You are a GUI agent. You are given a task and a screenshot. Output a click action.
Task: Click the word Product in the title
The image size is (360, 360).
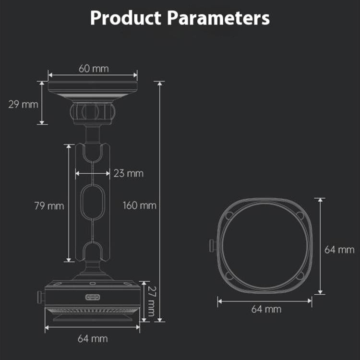tap(125, 18)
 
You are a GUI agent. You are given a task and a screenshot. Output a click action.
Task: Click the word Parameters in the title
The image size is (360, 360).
tap(218, 18)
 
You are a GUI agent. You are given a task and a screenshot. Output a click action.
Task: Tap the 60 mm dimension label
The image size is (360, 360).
tap(93, 68)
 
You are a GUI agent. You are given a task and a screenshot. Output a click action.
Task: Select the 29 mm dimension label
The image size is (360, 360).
tap(20, 104)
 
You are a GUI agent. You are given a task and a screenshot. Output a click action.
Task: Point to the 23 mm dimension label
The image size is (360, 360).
tap(128, 173)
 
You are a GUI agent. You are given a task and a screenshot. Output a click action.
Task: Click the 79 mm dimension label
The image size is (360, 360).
tap(49, 206)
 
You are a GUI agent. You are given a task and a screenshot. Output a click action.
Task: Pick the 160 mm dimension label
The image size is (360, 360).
tap(139, 205)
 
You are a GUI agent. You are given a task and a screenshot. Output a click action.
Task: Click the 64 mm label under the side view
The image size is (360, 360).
tap(93, 338)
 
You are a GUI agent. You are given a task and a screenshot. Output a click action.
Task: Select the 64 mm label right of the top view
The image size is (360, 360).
tap(339, 250)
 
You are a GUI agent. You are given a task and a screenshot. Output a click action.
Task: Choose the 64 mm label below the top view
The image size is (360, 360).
tap(266, 309)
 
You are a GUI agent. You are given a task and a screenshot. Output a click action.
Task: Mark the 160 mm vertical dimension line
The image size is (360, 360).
tap(160, 144)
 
